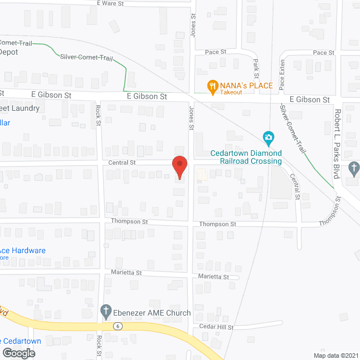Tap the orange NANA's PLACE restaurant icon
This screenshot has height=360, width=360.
212,86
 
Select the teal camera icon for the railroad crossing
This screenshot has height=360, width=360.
269,137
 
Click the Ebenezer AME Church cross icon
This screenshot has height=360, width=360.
106,310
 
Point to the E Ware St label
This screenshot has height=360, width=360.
110,3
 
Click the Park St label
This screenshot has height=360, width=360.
256,68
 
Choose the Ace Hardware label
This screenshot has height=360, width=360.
22,250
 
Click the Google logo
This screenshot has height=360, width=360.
18,353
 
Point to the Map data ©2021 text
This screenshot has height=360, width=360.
335,355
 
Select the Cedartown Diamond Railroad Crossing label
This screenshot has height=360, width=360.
246,157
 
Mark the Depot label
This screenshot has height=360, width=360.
8,52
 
